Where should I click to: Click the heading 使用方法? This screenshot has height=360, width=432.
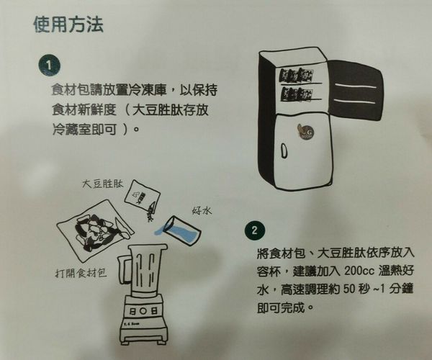[68, 24]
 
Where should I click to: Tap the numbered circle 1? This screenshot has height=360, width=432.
[49, 66]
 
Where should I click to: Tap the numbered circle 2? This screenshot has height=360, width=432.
[254, 230]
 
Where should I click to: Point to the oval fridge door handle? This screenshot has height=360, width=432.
[284, 150]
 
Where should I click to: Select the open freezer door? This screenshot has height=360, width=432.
[355, 90]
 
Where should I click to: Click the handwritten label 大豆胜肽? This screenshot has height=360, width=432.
[102, 184]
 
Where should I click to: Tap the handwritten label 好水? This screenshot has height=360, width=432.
[202, 211]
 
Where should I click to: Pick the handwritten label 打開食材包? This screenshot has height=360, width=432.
[81, 273]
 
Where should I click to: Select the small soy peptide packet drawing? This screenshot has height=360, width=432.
[142, 195]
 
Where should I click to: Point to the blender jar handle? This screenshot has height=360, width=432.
[123, 269]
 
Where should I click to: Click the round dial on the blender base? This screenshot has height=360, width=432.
[143, 311]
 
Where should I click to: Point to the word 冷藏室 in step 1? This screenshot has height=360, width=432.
[71, 129]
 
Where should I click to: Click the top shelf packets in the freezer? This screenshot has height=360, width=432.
[297, 76]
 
